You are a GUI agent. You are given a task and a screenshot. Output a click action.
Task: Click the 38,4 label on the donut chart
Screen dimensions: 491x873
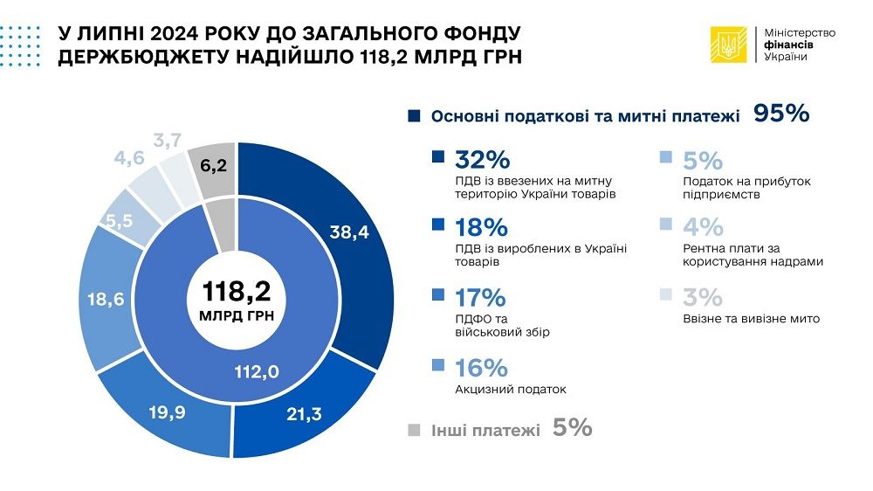pyautogui.click(x=349, y=232)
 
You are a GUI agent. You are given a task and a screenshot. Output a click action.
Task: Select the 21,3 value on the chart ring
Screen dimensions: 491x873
pyautogui.click(x=304, y=412)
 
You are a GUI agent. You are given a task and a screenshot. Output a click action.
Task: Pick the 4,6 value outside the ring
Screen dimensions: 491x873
pyautogui.click(x=129, y=158)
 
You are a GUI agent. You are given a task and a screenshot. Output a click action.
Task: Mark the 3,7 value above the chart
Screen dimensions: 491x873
pyautogui.click(x=167, y=140)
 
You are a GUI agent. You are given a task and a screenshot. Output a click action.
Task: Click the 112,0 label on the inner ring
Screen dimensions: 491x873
pyautogui.click(x=258, y=371)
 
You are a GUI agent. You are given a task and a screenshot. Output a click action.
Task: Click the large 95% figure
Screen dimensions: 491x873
pyautogui.click(x=781, y=114)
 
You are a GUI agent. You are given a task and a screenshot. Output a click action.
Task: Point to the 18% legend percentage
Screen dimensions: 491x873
pyautogui.click(x=482, y=228)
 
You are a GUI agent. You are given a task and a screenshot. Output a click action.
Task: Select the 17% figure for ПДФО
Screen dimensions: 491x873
pyautogui.click(x=481, y=297)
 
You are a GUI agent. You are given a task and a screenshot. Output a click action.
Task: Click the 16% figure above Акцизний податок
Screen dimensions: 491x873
pyautogui.click(x=481, y=366)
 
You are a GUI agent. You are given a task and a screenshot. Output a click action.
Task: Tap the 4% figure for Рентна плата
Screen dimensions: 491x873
pyautogui.click(x=703, y=228)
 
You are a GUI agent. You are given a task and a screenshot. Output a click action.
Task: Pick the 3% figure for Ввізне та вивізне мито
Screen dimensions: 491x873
pyautogui.click(x=703, y=297)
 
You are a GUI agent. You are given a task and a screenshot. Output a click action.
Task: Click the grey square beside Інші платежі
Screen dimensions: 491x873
pyautogui.click(x=414, y=429)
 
